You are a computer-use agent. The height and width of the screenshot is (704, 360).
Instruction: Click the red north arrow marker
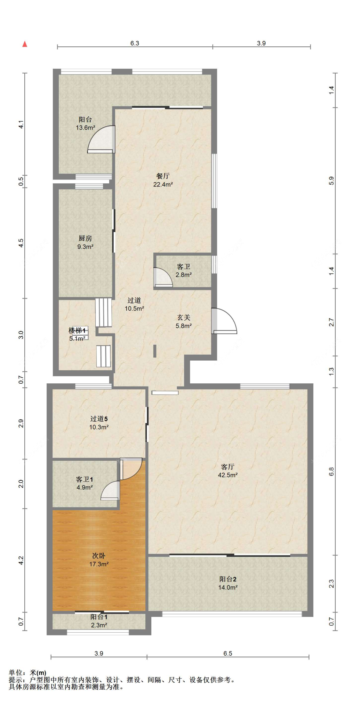pos(25,44)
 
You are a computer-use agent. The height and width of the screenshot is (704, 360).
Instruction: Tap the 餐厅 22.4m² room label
pos(163,180)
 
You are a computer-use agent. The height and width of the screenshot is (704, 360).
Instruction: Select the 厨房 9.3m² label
pos(85,242)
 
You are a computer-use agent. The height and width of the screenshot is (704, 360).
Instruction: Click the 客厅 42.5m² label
pos(228,471)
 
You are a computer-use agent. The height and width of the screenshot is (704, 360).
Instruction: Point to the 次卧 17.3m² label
pos(99,560)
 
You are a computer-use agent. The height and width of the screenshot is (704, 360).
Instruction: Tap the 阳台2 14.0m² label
pos(228,583)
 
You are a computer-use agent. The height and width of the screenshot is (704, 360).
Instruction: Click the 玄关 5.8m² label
pos(184,321)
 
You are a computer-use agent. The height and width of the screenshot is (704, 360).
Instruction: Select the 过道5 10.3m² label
pos(99,423)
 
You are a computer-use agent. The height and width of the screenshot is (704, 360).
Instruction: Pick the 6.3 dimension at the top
pos(135,43)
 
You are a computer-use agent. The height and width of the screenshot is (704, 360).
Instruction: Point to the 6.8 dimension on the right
pos(331,471)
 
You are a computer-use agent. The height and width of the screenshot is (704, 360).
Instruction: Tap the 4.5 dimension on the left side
pos(21,243)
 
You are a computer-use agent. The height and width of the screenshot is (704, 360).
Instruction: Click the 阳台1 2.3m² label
pos(99,621)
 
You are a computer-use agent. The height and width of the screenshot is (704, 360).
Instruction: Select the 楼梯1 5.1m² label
pos(77,334)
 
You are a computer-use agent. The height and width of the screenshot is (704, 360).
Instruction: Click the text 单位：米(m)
pos(28,673)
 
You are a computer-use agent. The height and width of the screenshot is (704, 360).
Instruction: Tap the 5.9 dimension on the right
pos(331,180)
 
